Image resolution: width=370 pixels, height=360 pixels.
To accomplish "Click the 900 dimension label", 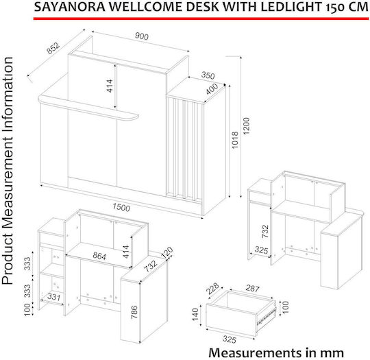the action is (x=142, y=36).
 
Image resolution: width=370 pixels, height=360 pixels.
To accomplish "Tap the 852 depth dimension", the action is (x=53, y=48).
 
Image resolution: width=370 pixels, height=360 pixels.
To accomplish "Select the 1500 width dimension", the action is (x=121, y=207).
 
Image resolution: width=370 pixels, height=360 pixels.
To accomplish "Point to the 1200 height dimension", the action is (x=246, y=126).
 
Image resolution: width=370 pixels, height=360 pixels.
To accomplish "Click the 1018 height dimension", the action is (x=235, y=140).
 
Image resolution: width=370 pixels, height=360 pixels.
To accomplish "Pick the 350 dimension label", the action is (x=208, y=75).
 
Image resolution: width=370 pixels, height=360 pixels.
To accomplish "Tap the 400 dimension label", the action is (x=212, y=88).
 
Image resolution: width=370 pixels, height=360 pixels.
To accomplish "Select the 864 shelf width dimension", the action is (x=99, y=256).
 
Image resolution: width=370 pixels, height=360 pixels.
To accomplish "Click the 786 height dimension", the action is (x=134, y=312).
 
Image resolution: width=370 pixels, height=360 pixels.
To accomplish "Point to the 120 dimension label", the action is (x=167, y=252).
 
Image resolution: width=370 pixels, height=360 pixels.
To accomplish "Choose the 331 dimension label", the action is (x=54, y=297).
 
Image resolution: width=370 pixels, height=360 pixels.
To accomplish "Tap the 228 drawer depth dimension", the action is (x=212, y=288).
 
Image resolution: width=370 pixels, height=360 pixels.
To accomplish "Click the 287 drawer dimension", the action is (x=252, y=288).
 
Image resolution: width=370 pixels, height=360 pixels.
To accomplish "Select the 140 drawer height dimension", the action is (x=195, y=315).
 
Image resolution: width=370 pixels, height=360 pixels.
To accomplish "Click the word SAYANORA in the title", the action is (x=70, y=7).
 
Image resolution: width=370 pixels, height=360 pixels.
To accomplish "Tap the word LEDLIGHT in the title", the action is (x=291, y=7).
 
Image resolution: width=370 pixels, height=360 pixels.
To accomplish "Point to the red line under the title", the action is (x=201, y=19).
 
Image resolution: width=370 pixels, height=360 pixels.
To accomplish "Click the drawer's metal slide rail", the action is (x=266, y=317).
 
